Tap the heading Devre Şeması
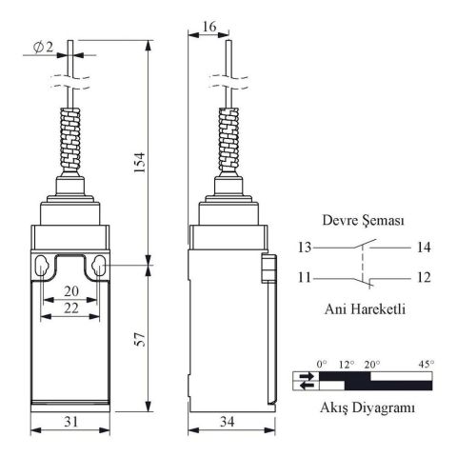click(362, 220)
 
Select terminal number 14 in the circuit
click(423, 248)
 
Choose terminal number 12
click(423, 278)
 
